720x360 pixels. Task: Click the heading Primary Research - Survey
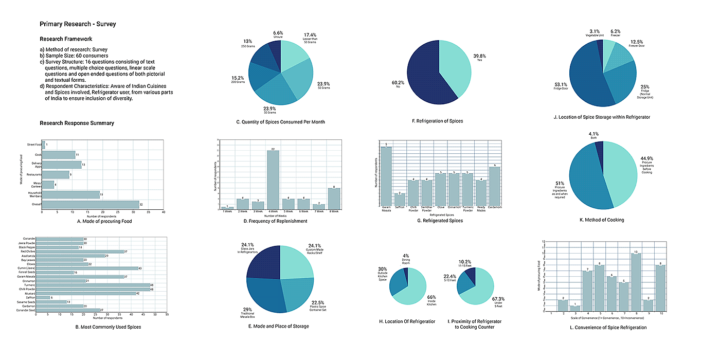78,24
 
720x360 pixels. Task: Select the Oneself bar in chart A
91,204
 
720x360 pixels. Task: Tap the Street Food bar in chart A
44,145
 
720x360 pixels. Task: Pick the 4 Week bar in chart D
273,179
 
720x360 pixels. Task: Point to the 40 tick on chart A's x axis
164,212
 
